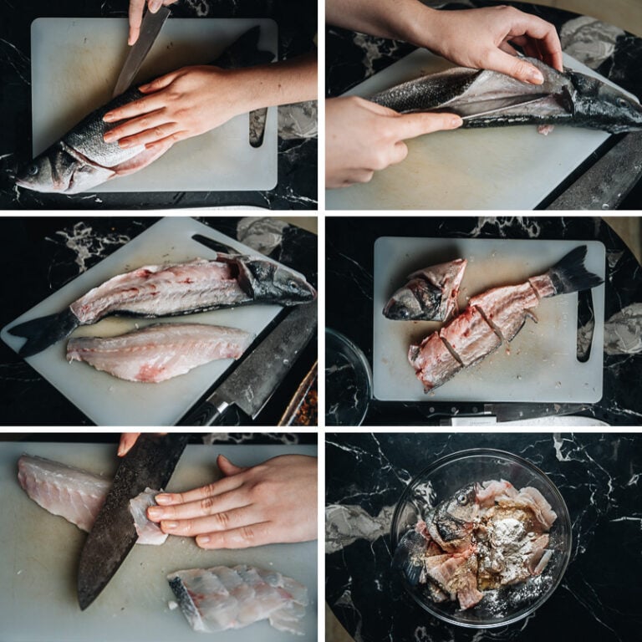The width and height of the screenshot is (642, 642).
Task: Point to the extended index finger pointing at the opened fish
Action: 418,125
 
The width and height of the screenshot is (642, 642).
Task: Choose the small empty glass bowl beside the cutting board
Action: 346,376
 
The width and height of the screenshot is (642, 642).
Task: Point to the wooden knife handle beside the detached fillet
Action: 204,414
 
